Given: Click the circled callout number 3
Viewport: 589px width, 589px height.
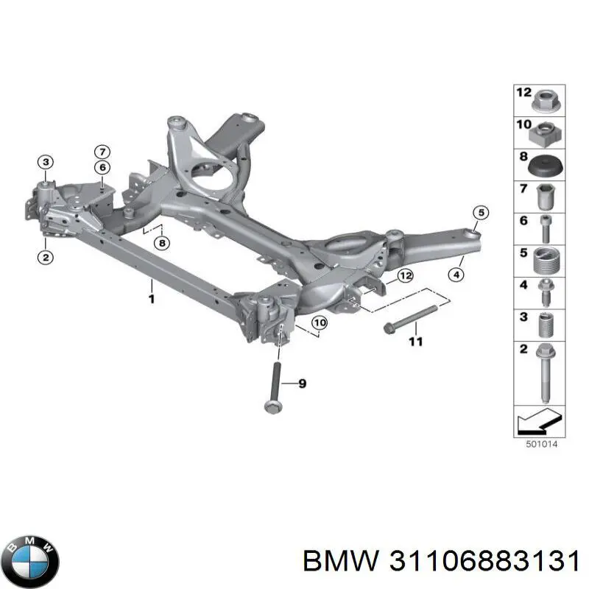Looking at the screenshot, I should tap(46, 162).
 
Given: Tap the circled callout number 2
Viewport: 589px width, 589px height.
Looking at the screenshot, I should tap(46, 257).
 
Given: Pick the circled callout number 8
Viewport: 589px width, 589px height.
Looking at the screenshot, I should tap(162, 242).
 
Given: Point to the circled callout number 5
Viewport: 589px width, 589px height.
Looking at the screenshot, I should tap(479, 214).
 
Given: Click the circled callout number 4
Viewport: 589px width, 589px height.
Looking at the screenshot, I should tap(456, 275).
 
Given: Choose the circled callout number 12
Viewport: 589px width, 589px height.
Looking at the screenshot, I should tap(405, 276).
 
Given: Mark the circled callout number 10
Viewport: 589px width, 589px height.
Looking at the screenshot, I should tap(318, 322).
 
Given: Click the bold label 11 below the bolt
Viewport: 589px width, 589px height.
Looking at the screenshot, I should tap(416, 342).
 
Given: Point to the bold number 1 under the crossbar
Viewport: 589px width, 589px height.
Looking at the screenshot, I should tap(151, 299).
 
